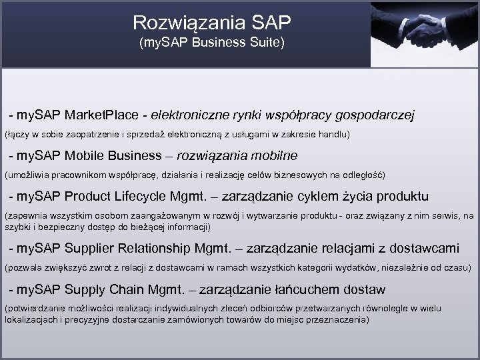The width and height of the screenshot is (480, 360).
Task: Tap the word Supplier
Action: tap(91, 248)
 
